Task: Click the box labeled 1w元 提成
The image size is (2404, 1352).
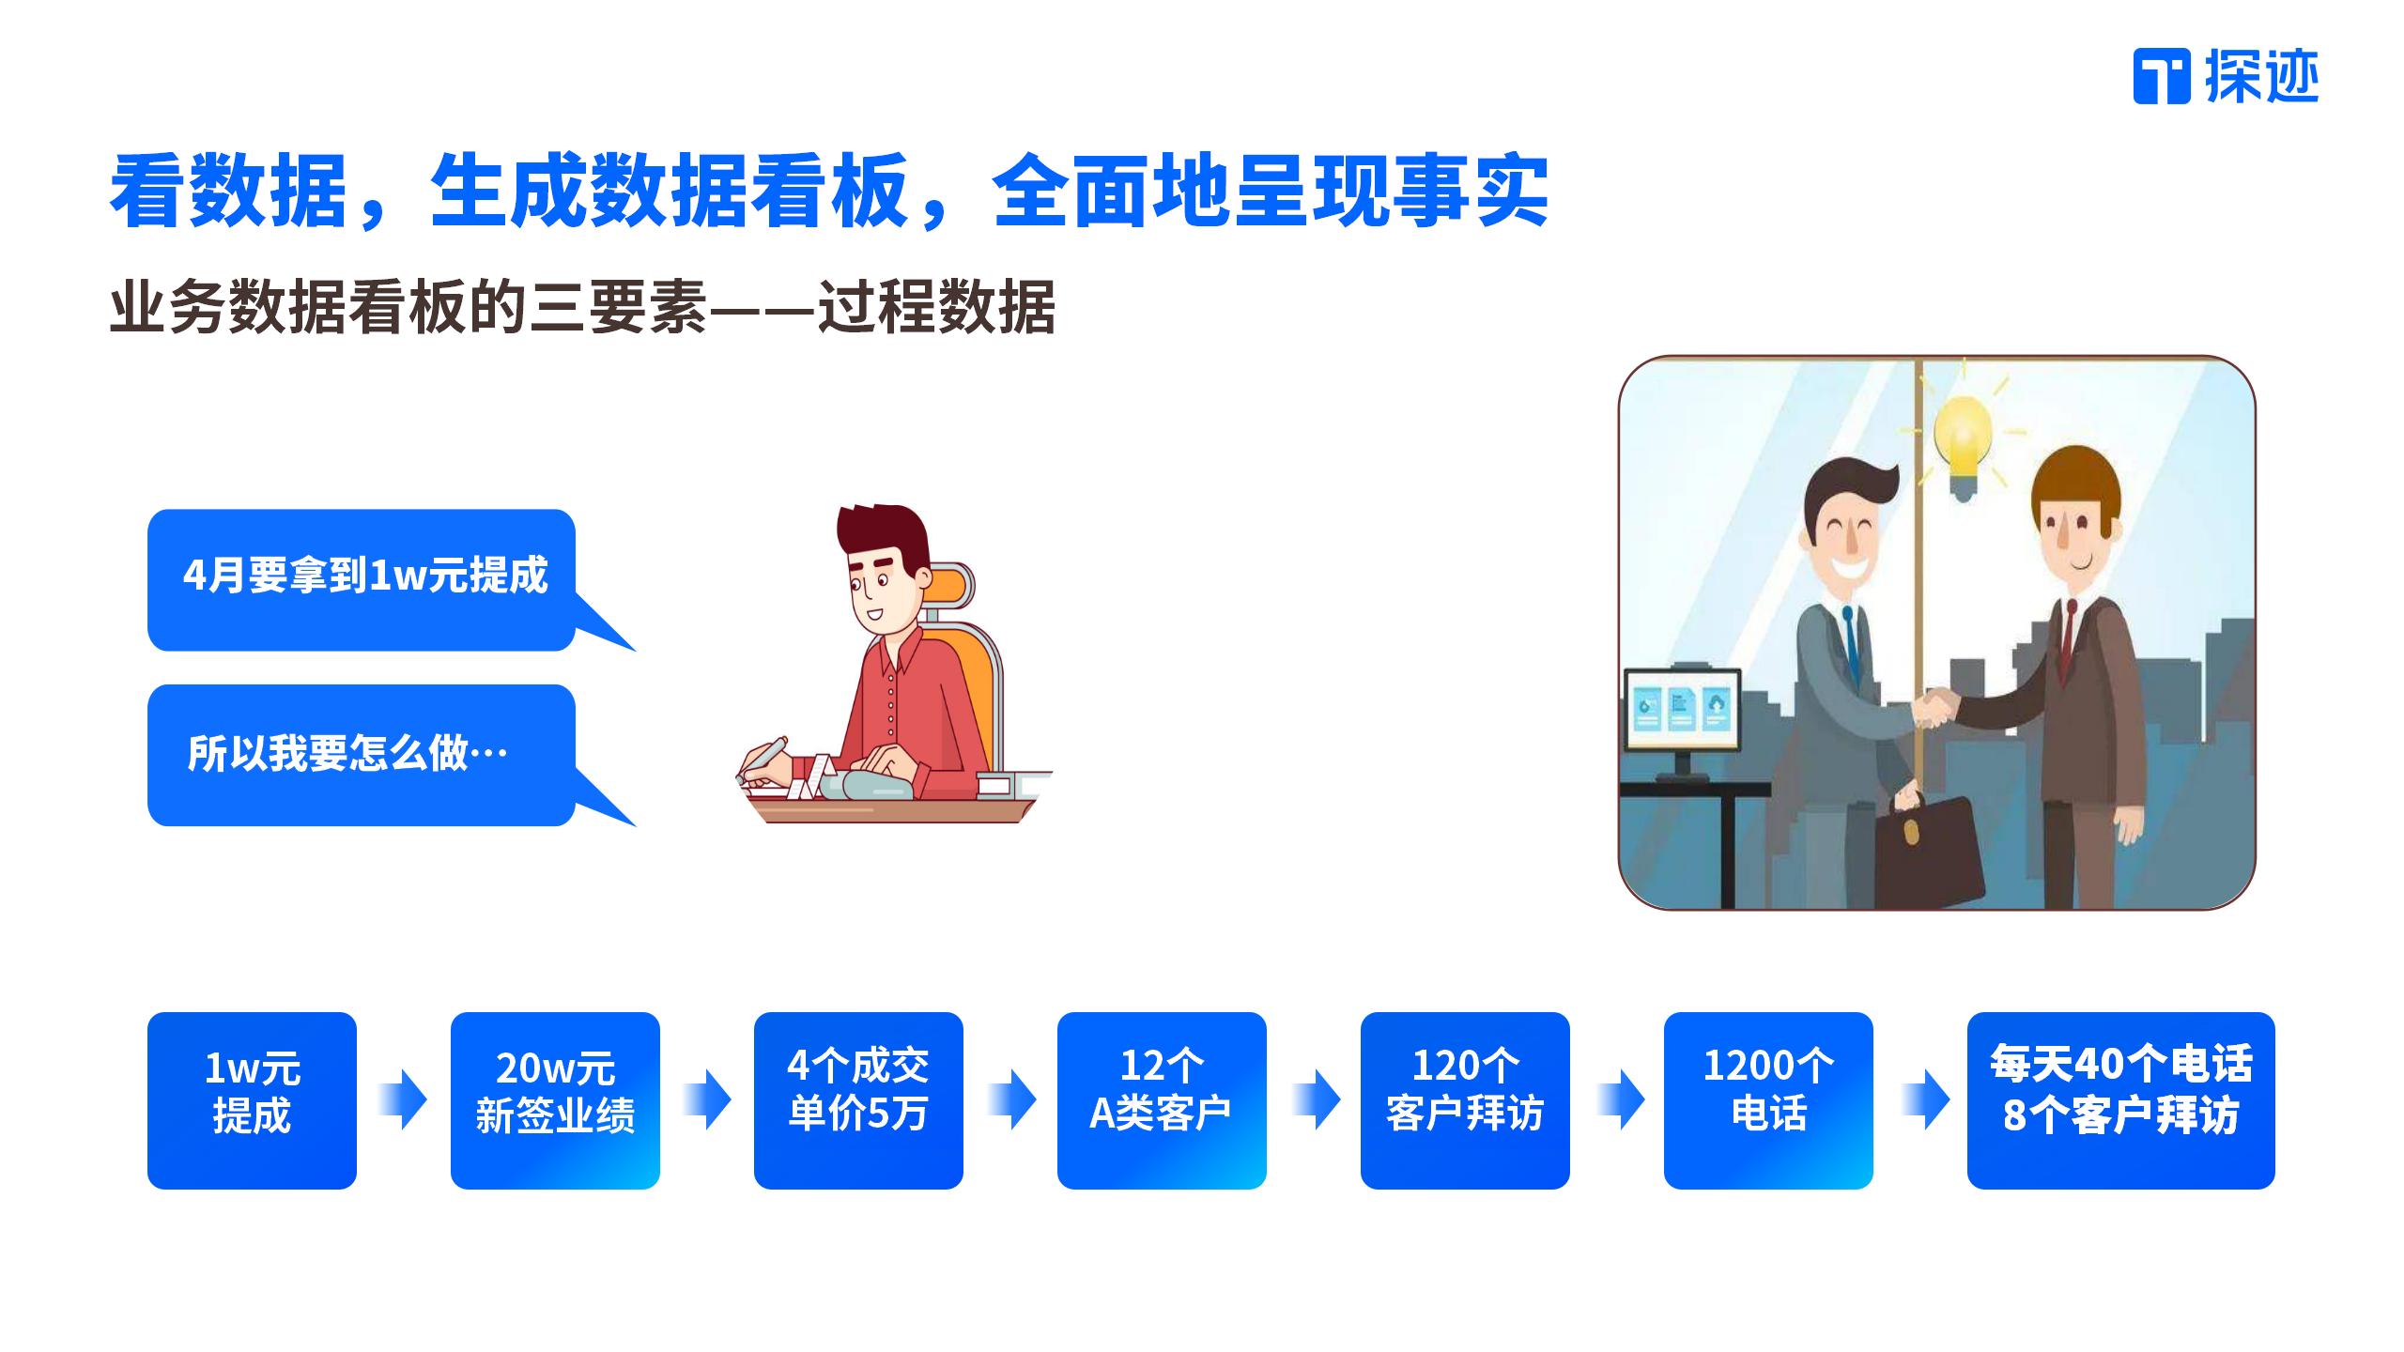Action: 252,1100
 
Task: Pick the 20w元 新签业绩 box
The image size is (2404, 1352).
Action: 555,1100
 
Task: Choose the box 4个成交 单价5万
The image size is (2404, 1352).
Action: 858,1100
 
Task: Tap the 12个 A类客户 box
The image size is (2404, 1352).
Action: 1162,1100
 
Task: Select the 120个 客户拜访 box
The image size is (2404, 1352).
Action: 1465,1100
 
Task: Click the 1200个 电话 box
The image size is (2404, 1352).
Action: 1768,1100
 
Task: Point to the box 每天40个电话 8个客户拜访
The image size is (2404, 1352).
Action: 2120,1100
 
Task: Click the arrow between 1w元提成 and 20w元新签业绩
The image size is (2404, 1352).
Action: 404,1099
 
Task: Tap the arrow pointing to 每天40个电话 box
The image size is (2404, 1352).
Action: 1925,1099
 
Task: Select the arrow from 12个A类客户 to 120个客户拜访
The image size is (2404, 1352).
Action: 1316,1099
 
